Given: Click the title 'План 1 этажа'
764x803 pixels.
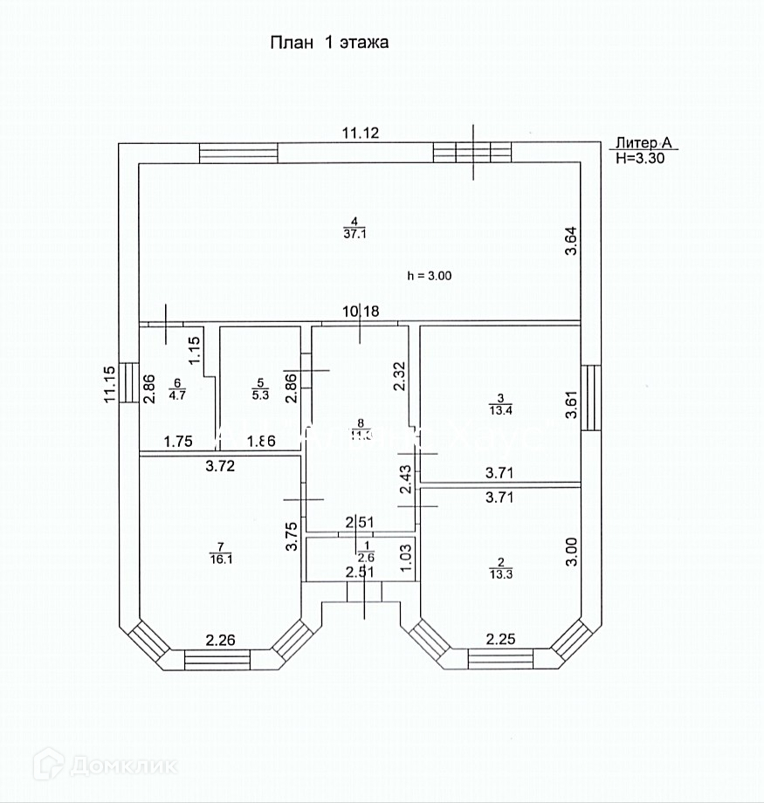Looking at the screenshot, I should (x=329, y=42).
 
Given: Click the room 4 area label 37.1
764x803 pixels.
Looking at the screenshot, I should (x=352, y=231).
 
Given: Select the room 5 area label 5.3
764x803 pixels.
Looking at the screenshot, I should (x=259, y=393).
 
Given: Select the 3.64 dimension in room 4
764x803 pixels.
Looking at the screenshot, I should (x=571, y=241).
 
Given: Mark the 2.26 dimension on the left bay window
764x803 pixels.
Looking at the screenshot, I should (x=221, y=642).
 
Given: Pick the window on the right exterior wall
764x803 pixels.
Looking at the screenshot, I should (x=591, y=397).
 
